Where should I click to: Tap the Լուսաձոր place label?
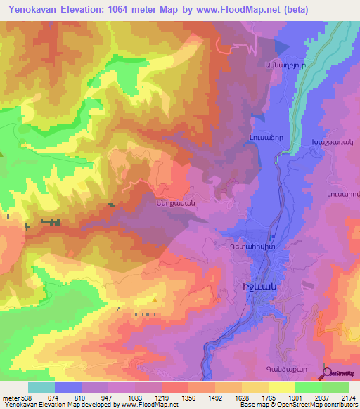(264, 139)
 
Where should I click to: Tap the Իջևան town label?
(259, 288)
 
